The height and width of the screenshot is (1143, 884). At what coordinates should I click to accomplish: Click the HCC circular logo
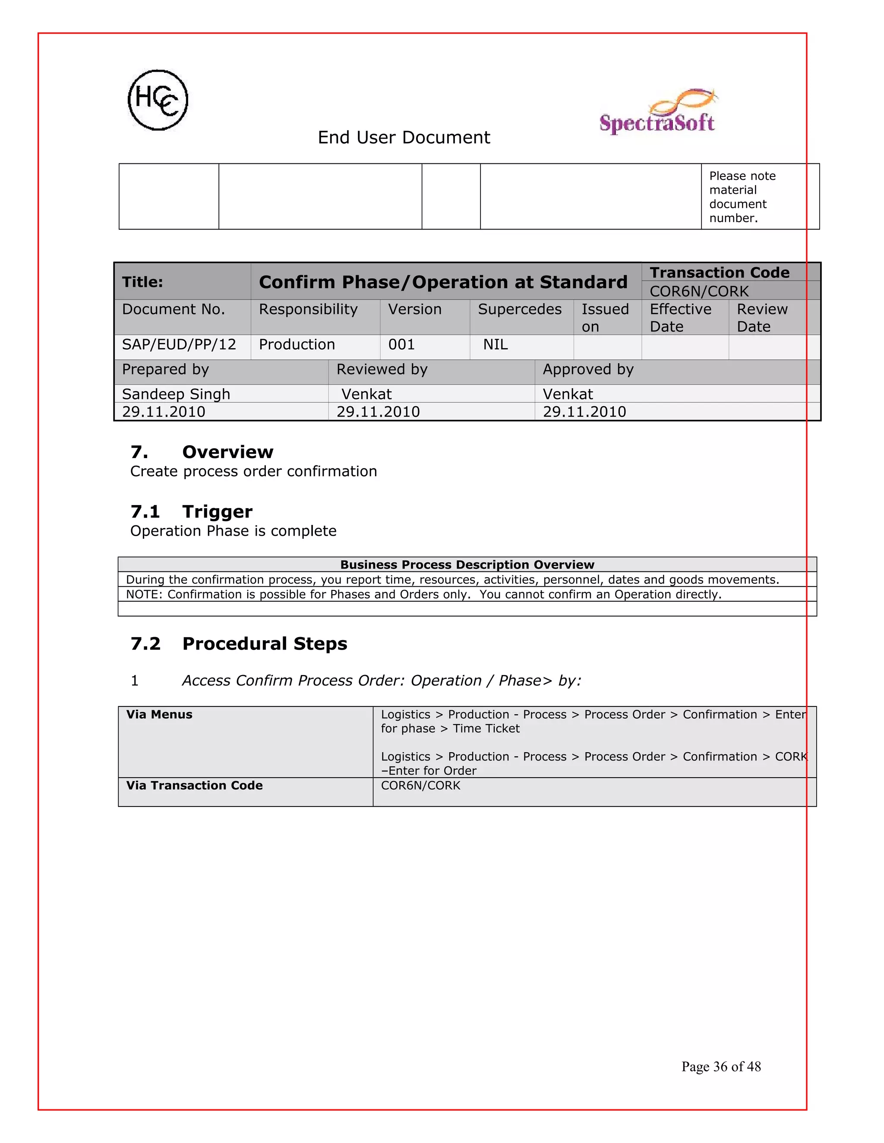click(x=158, y=100)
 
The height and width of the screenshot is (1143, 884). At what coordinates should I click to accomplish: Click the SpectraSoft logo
click(x=657, y=113)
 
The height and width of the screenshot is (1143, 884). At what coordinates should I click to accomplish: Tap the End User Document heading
click(x=404, y=138)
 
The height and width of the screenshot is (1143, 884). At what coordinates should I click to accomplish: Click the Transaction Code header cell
click(x=719, y=273)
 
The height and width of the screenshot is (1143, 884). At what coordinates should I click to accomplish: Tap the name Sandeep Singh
click(x=176, y=394)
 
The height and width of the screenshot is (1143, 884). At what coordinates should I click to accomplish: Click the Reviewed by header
click(x=382, y=370)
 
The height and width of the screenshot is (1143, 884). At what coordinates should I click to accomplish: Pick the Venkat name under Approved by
click(x=568, y=394)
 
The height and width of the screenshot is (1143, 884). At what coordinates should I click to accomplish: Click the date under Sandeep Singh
click(x=164, y=412)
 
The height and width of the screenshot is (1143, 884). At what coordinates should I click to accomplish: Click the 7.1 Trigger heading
click(x=191, y=511)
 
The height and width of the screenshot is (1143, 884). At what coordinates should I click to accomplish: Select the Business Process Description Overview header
click(x=467, y=565)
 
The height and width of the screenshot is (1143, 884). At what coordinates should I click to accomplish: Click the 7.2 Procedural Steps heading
click(x=239, y=644)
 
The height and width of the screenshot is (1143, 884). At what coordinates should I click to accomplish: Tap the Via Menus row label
click(x=159, y=715)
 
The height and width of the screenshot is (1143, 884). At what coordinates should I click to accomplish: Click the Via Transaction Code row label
click(x=194, y=785)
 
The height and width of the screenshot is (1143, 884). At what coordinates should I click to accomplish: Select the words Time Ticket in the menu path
click(x=486, y=729)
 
